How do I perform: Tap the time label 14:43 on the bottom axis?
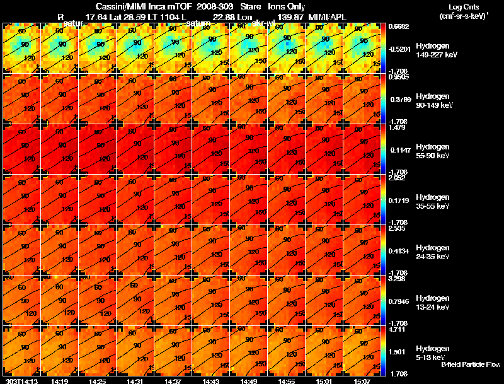[x=211, y=381]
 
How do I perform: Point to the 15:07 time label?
[x=362, y=381]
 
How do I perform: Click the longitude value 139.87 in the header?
[x=290, y=16]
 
